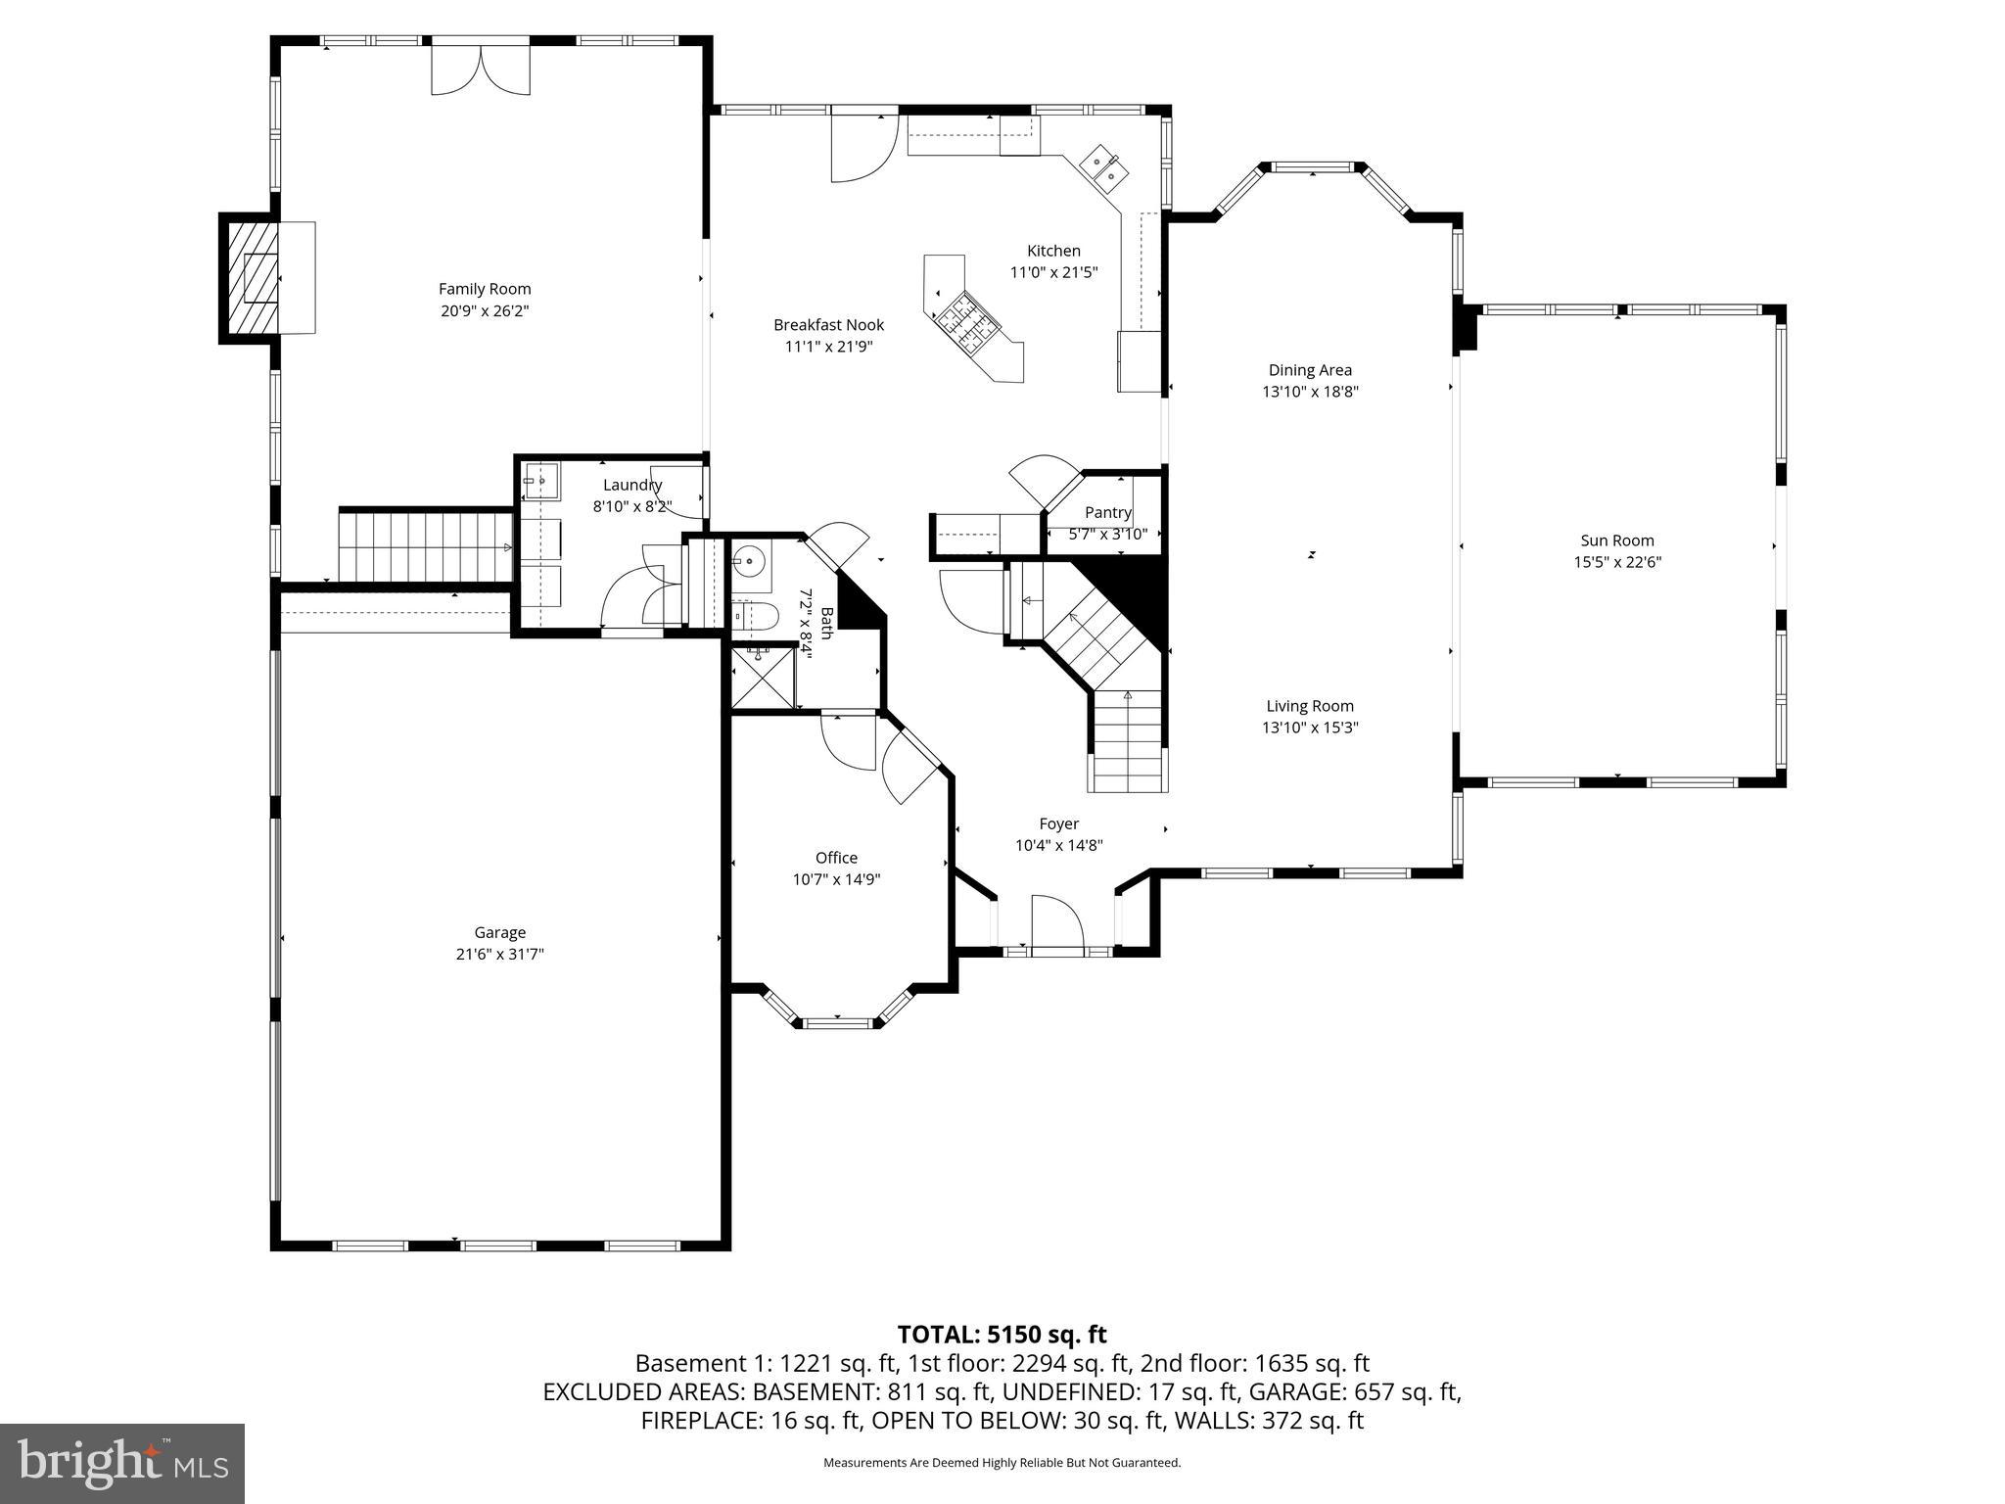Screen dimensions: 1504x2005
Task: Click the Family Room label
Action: [x=485, y=289]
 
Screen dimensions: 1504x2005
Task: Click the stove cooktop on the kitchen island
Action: [x=963, y=322]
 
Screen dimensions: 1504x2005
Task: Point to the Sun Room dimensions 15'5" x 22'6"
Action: [x=1616, y=562]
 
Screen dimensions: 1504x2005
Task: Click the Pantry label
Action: [x=1107, y=512]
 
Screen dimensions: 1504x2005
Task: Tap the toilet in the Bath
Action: [x=756, y=615]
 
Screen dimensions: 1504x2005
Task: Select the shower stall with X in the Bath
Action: [x=764, y=676]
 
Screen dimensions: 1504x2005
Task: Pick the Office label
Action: [x=836, y=858]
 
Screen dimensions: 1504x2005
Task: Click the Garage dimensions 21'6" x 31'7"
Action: [x=499, y=954]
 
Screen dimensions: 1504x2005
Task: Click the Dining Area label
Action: [x=1310, y=370]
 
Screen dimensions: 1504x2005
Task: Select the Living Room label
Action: [x=1310, y=706]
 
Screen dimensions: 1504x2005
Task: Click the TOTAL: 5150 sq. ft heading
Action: [x=1002, y=1334]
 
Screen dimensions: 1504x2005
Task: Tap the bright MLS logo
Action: [x=121, y=1463]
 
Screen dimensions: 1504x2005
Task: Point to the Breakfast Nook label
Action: [x=828, y=325]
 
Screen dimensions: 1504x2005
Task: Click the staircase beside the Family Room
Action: [x=426, y=546]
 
